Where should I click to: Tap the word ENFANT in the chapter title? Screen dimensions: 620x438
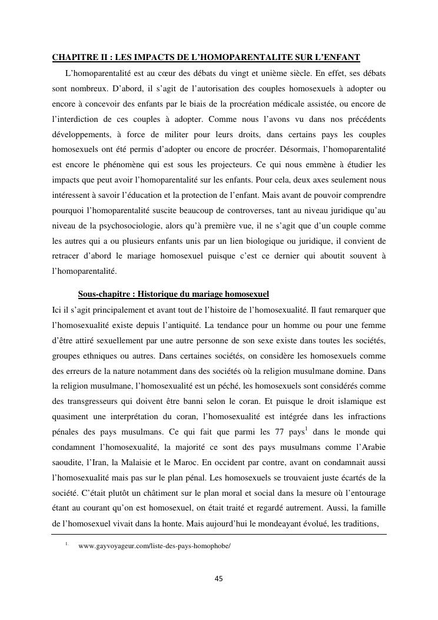click(x=340, y=58)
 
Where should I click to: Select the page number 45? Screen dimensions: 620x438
click(x=219, y=579)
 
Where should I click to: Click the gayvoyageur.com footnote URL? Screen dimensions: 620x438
click(x=154, y=546)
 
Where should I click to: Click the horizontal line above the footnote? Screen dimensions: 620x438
click(x=219, y=535)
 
